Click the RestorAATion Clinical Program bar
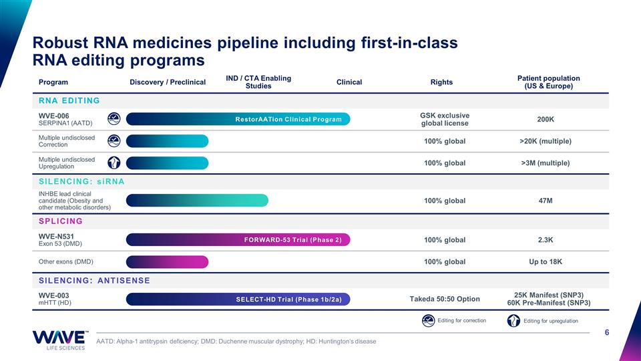(238, 119)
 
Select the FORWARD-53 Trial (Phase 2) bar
(238, 240)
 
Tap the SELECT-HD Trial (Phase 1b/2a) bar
(238, 299)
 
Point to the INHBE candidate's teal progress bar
(197, 201)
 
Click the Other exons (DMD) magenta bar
(167, 262)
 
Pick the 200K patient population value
(546, 120)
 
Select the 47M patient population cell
(546, 201)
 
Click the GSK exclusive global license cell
(445, 120)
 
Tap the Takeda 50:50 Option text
(445, 299)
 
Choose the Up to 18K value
(546, 261)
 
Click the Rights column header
(441, 82)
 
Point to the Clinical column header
(349, 82)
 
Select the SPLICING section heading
(61, 221)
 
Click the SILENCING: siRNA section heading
(81, 181)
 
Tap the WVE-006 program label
(54, 116)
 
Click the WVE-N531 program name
(56, 236)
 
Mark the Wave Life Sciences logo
(60, 340)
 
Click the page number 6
(607, 332)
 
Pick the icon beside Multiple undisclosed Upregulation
(114, 163)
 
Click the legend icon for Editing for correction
(428, 320)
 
